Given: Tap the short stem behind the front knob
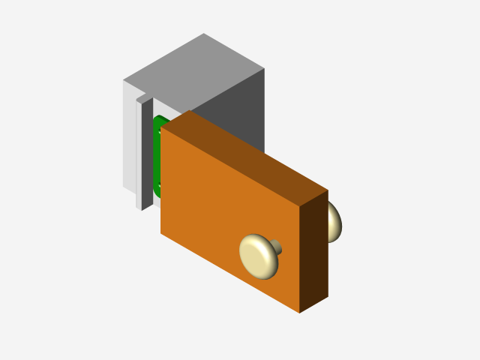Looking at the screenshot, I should [x=276, y=246].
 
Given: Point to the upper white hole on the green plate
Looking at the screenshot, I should [x=160, y=132].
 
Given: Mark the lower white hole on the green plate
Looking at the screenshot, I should [x=160, y=184].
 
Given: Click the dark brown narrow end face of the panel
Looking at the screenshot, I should [x=313, y=251].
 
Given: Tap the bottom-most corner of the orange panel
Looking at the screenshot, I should [x=299, y=313].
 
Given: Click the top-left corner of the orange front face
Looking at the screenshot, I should [x=161, y=127].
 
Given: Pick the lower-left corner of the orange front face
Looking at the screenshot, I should [x=160, y=232].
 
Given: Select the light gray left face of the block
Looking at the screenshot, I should [x=129, y=135].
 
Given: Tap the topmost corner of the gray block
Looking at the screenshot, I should [x=203, y=34].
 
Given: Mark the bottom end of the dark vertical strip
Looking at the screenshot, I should [x=142, y=209].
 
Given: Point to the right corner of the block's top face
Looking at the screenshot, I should [x=264, y=68].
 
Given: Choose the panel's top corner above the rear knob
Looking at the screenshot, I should [x=328, y=190].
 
